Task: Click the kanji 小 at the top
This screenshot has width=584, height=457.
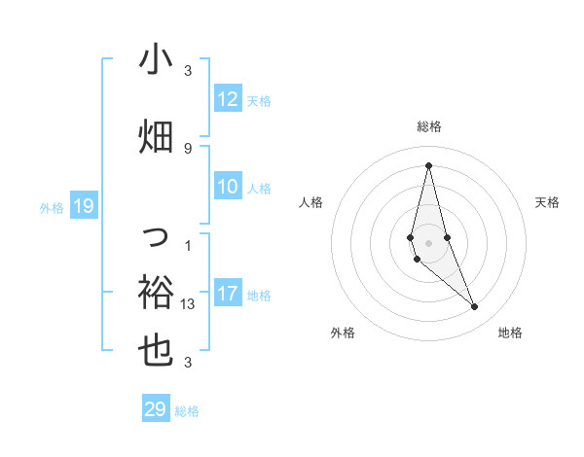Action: click(x=157, y=60)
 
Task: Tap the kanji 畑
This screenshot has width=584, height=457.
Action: click(x=157, y=135)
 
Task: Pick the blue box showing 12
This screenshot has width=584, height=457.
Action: click(x=228, y=99)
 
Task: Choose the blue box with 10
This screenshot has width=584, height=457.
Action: click(x=228, y=188)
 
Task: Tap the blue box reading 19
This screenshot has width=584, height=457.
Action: click(x=84, y=206)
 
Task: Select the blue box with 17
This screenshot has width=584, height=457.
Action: click(x=228, y=295)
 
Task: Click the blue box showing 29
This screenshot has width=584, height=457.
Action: click(x=156, y=409)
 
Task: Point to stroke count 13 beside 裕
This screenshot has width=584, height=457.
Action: click(x=188, y=304)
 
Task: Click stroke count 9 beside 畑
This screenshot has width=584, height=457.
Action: click(x=188, y=148)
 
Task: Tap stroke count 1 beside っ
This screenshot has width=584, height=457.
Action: click(x=188, y=245)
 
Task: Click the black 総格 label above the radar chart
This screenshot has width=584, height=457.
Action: click(x=429, y=126)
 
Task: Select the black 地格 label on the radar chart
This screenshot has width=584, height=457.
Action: click(x=510, y=333)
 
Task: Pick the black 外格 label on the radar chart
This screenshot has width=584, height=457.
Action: click(x=343, y=333)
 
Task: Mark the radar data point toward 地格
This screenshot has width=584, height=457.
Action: click(x=475, y=307)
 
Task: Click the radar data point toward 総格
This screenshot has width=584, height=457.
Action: click(x=428, y=165)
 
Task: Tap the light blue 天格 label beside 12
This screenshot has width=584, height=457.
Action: click(x=259, y=100)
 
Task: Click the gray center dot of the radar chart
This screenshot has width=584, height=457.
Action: click(x=428, y=242)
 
